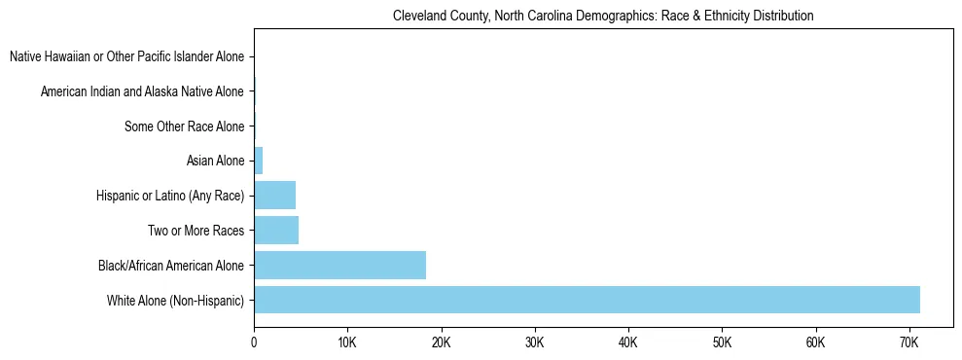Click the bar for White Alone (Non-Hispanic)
(587, 300)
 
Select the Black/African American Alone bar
(339, 266)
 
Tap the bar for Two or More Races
(276, 231)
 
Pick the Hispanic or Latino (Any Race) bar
(274, 196)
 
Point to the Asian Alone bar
(258, 161)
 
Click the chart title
(603, 16)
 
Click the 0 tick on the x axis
(254, 343)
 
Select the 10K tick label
(347, 343)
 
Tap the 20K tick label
(441, 343)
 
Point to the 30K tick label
(534, 343)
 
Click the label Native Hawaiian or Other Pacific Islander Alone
(126, 57)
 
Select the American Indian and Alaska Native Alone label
(142, 92)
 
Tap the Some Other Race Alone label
(184, 126)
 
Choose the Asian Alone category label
(215, 161)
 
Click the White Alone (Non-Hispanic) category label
(175, 301)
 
